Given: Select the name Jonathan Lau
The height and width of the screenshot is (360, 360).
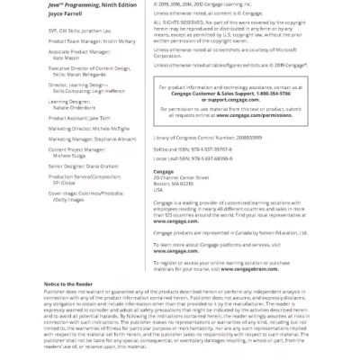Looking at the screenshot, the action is coord(97,30).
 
